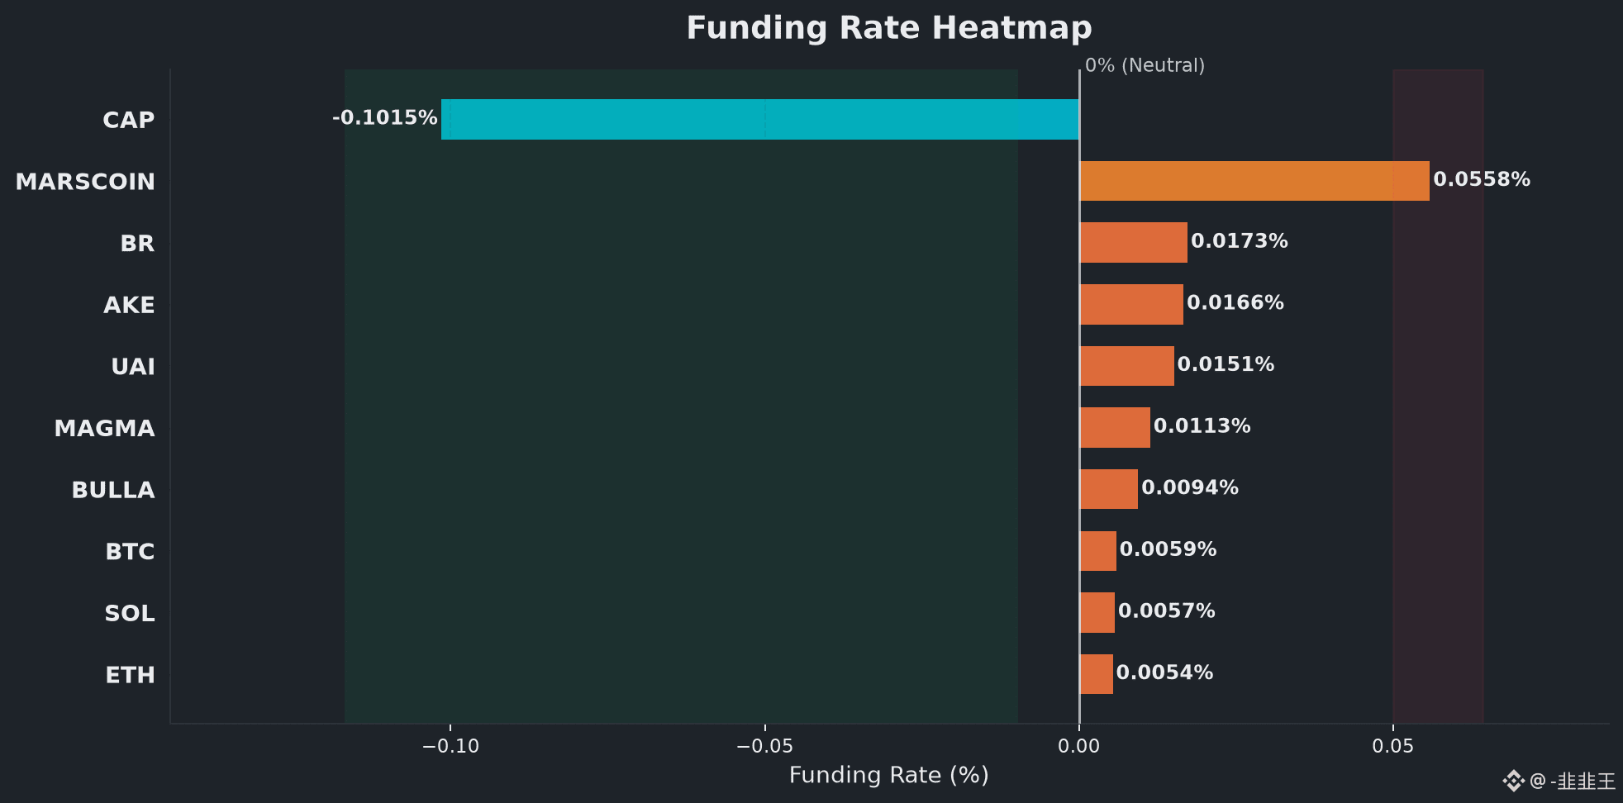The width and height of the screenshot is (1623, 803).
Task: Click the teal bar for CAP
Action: (x=760, y=119)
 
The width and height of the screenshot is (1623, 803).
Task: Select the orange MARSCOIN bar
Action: (x=1254, y=181)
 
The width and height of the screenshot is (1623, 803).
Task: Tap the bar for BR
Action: (x=1133, y=242)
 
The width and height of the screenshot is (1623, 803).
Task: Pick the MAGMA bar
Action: (x=1115, y=427)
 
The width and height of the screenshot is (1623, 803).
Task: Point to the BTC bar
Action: (x=1097, y=551)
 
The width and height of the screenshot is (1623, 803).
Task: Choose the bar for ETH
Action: (x=1096, y=674)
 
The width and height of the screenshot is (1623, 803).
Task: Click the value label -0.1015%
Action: (x=385, y=117)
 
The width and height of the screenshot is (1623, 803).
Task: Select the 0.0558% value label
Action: (x=1482, y=179)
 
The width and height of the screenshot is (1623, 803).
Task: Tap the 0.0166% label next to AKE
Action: (x=1235, y=302)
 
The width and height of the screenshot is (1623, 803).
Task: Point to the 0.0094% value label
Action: (x=1190, y=487)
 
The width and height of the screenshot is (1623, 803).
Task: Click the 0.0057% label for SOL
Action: (x=1167, y=611)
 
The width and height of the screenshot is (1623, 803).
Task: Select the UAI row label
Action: (x=133, y=367)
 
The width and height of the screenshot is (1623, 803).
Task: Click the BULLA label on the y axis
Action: (x=113, y=490)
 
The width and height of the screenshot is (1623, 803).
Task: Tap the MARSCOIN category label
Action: (x=85, y=182)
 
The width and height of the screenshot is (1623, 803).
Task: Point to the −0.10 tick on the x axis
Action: (x=450, y=746)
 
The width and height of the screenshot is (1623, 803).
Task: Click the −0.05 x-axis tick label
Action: (x=764, y=746)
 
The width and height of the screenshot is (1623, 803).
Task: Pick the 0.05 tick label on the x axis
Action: (x=1393, y=746)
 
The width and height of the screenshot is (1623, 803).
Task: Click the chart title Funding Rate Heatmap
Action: (x=889, y=28)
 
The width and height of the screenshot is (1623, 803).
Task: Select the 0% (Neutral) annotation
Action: (x=1145, y=65)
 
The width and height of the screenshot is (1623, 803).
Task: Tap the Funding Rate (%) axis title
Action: (x=889, y=775)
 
